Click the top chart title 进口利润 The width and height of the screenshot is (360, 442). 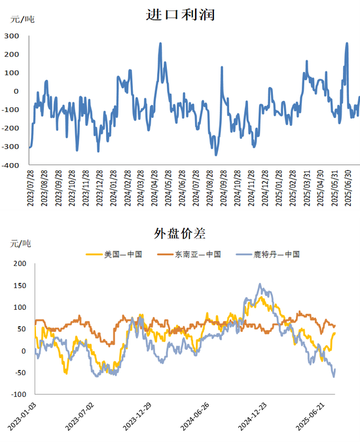[179, 14]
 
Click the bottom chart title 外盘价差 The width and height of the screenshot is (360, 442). [179, 233]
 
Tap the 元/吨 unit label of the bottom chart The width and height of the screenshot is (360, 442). [21, 244]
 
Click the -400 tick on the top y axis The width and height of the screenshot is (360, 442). [10, 166]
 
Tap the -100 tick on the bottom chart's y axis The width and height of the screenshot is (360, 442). [17, 395]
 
